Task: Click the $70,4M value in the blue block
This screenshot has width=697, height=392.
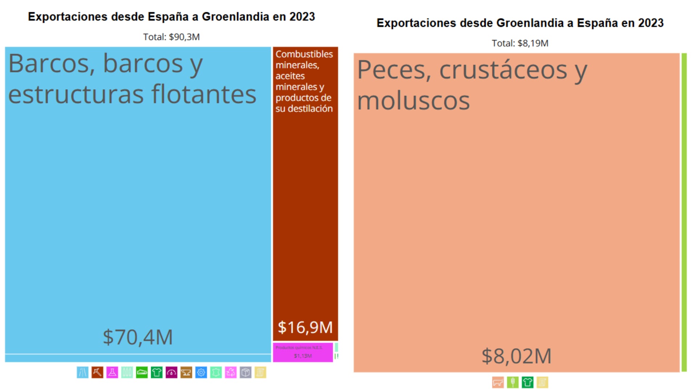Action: pos(138,337)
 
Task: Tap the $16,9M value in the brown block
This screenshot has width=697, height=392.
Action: pos(305,327)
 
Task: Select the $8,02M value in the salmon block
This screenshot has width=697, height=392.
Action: pos(516,356)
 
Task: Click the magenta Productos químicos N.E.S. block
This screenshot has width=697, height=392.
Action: pos(303,352)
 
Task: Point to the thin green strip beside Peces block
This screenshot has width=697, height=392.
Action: pos(684,212)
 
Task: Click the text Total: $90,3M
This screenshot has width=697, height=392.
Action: pos(171,37)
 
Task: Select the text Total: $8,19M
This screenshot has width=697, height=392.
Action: pos(520,44)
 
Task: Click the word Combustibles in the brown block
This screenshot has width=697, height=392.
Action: pos(304,54)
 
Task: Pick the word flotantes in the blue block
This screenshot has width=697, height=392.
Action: pos(204,94)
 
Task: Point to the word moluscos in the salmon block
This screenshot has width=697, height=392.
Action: pos(413,101)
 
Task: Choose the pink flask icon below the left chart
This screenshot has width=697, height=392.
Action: pos(112,372)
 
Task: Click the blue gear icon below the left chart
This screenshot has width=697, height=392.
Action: pos(201,372)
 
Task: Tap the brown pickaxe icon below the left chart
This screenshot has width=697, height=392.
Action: pos(97,372)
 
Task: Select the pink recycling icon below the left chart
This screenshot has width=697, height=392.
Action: pos(231,372)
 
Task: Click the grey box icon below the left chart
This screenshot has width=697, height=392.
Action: pos(245,372)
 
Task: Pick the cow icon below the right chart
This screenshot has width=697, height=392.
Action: pos(498,382)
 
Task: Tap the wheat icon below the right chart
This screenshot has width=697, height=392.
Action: pos(513,382)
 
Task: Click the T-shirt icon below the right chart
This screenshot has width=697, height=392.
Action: pos(527,382)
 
